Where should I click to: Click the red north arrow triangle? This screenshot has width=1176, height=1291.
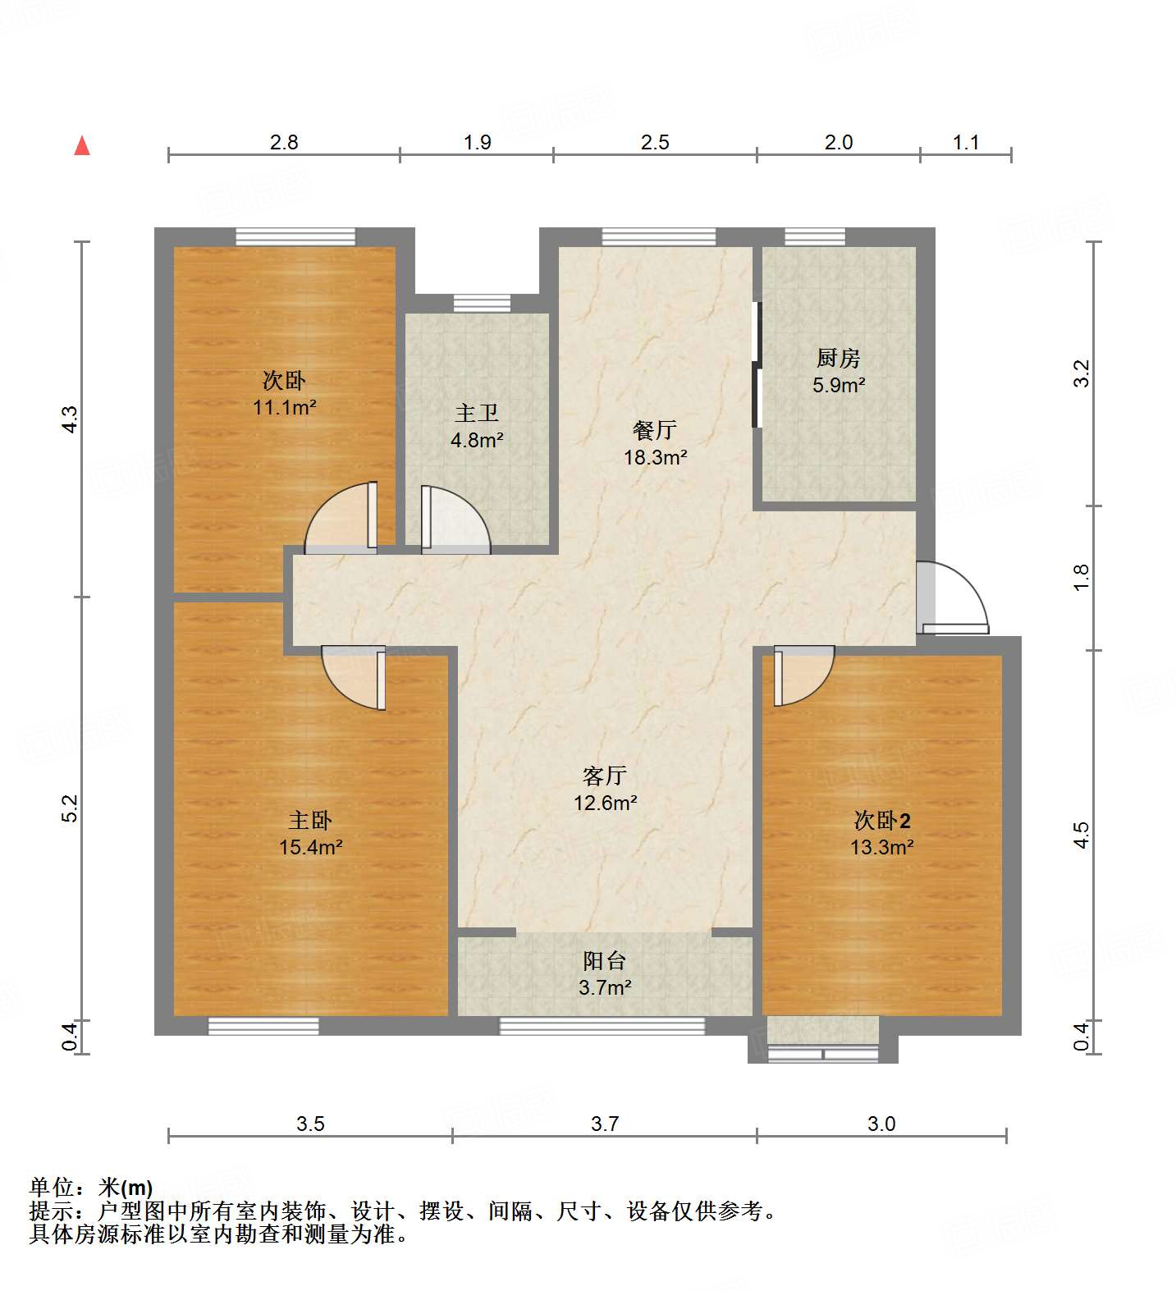82,146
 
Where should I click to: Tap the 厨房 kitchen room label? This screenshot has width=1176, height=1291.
838,359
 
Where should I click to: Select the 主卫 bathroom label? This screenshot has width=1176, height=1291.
476,414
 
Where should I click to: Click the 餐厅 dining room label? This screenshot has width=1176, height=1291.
654,430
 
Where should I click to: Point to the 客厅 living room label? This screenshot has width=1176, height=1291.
605,776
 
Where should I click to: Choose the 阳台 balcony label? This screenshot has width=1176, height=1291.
605,960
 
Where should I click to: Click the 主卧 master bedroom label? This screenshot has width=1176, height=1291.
310,820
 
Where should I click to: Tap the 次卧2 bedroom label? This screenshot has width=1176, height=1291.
882,820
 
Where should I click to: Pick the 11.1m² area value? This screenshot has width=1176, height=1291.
285,407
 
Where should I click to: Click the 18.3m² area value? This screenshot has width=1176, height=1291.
655,457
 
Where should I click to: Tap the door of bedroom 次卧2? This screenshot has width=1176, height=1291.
802,675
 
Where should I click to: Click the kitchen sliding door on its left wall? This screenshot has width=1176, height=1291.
757,365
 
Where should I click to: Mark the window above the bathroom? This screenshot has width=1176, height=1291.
482,303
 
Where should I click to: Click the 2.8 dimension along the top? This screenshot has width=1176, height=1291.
284,142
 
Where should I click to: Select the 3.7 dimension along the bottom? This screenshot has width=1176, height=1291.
605,1124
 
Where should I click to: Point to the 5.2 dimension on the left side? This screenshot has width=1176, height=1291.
71,808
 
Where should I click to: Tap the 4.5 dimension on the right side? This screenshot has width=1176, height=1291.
1082,835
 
